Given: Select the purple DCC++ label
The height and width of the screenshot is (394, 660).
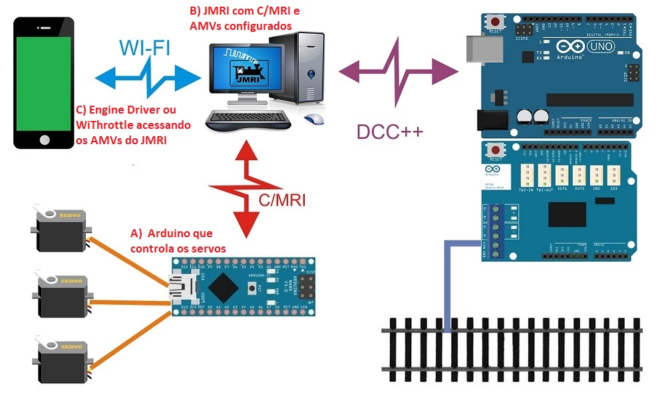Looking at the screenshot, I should click(x=389, y=132).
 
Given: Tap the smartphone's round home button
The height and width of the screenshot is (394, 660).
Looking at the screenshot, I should click(x=45, y=140).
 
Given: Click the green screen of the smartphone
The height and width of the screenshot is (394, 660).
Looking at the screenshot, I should click(x=44, y=83).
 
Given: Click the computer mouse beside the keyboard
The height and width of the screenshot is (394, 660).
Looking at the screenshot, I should click(x=314, y=119).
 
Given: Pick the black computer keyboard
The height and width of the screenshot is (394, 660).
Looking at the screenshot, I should click(x=247, y=120).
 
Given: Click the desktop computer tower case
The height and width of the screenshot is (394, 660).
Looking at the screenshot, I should click(x=305, y=66).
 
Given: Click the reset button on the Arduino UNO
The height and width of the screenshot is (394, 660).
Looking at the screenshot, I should click(x=496, y=22).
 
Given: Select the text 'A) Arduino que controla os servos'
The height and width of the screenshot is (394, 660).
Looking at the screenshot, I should click(x=178, y=241).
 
